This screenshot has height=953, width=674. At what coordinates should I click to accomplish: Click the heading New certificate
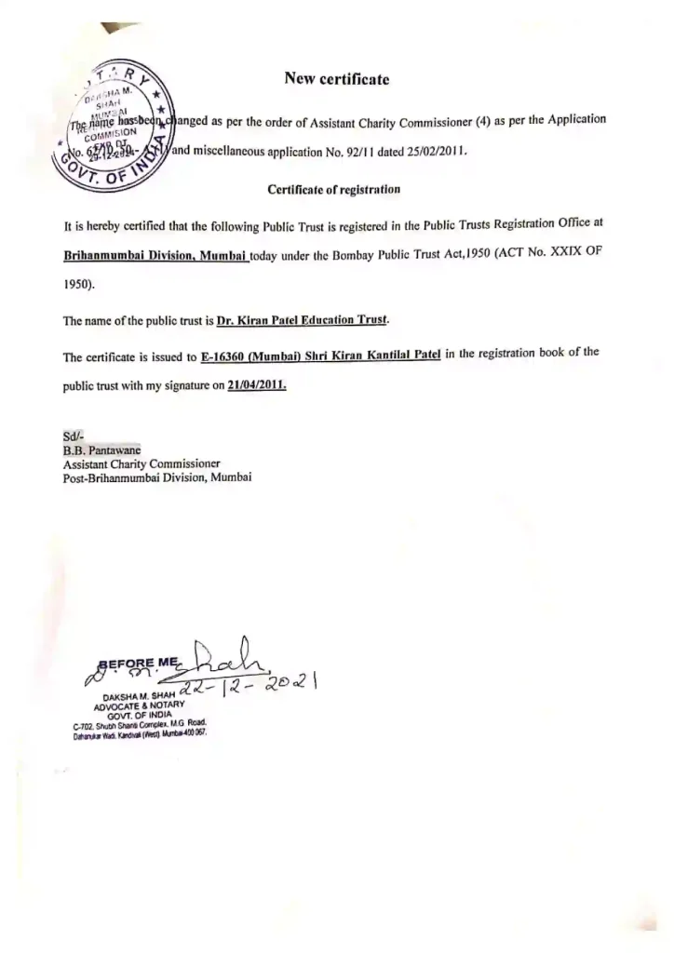click(336, 79)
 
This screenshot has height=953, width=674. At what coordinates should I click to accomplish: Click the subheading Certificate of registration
click(333, 189)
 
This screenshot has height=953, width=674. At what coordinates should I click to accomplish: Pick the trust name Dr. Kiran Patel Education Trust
click(303, 320)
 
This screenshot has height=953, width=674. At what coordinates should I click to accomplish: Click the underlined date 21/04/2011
click(256, 384)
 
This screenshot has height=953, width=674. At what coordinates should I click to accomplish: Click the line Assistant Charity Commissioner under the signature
click(142, 463)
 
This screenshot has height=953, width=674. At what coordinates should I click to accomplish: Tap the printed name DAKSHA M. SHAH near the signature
click(136, 694)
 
